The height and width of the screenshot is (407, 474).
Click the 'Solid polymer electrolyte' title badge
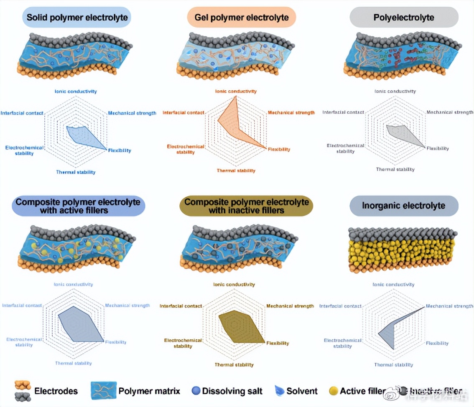pyautogui.click(x=77, y=18)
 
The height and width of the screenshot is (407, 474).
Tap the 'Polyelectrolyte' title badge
pyautogui.click(x=404, y=18)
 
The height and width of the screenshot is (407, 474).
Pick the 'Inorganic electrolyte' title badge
pyautogui.click(x=404, y=206)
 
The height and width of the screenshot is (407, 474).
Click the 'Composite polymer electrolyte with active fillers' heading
pyautogui.click(x=78, y=206)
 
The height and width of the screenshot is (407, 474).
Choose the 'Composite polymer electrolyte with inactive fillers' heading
pyautogui.click(x=246, y=206)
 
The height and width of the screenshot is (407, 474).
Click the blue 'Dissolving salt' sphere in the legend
pyautogui.click(x=196, y=391)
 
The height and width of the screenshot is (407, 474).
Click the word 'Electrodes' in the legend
pyautogui.click(x=56, y=391)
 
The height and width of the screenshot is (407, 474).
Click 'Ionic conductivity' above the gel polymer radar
pyautogui.click(x=236, y=91)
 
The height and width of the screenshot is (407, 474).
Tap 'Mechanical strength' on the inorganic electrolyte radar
pyautogui.click(x=449, y=306)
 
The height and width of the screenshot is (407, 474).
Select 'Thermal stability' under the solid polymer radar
pyautogui.click(x=76, y=172)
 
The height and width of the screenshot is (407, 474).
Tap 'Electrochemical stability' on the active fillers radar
pyautogui.click(x=24, y=342)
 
